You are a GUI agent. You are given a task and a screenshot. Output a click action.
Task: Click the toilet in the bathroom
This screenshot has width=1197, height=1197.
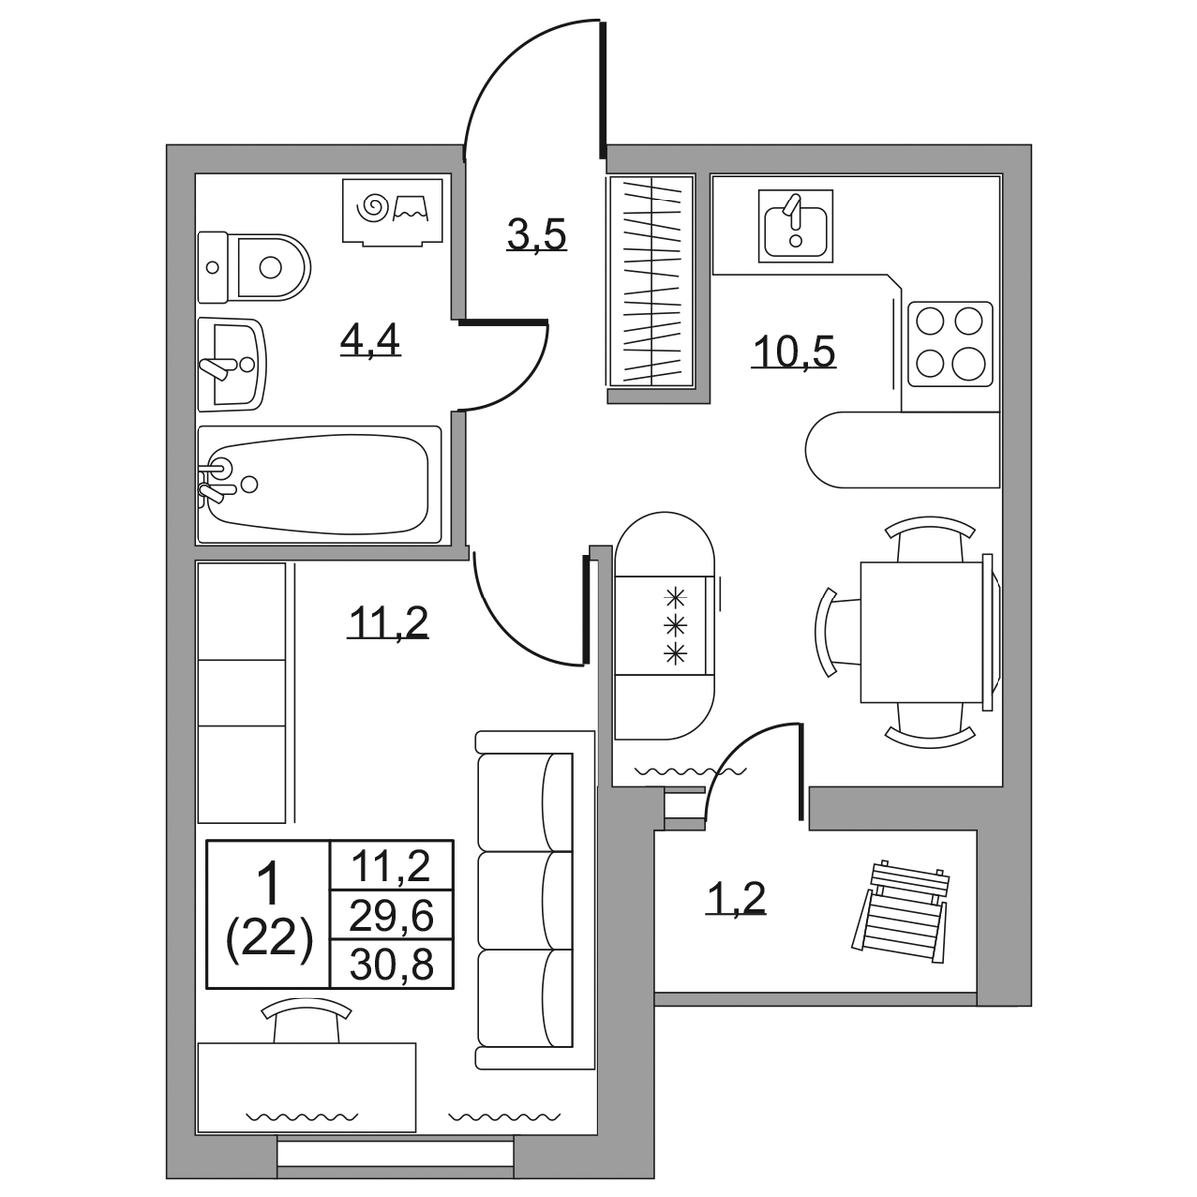click(x=253, y=267)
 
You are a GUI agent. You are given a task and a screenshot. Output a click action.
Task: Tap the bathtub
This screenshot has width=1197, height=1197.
click(x=318, y=484)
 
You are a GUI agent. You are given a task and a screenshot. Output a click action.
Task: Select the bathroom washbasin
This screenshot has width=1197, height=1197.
click(x=231, y=365)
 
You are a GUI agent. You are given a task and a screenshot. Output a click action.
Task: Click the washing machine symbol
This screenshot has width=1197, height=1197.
click(x=393, y=211)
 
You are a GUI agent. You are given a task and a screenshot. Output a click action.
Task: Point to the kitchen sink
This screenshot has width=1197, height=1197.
click(x=795, y=225)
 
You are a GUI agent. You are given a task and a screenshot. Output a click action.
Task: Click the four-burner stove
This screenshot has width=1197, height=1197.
click(x=950, y=344)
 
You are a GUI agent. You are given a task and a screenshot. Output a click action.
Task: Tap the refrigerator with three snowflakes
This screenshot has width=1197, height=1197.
click(x=664, y=624)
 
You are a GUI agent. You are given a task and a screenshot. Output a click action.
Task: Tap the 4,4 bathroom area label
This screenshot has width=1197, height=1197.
click(x=370, y=339)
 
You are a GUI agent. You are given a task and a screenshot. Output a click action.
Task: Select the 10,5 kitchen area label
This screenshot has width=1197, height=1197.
click(x=794, y=351)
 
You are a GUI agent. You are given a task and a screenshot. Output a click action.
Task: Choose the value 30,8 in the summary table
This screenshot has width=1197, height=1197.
click(x=391, y=964)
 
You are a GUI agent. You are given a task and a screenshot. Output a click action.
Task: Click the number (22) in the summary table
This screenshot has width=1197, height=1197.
click(x=269, y=942)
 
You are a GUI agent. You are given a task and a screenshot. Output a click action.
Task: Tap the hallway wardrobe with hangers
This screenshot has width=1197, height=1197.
click(x=651, y=280)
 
